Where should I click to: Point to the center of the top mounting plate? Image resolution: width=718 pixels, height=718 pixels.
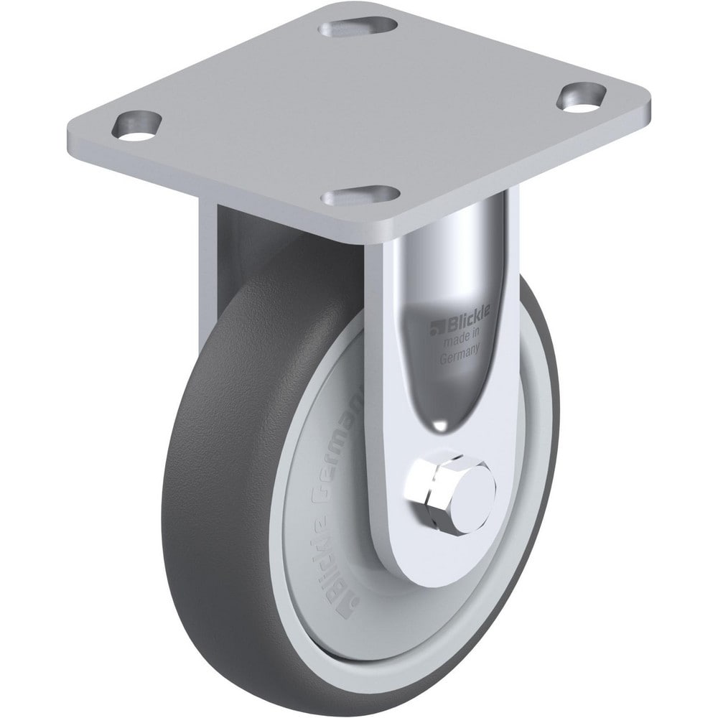[x=359, y=108]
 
